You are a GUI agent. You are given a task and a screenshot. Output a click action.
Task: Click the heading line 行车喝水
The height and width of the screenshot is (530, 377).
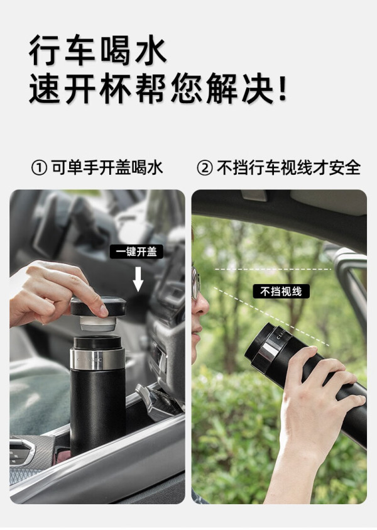97,50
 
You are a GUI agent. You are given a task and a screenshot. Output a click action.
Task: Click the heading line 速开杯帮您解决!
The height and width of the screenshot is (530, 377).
158,88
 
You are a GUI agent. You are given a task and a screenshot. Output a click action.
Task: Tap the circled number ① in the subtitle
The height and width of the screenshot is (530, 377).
38,168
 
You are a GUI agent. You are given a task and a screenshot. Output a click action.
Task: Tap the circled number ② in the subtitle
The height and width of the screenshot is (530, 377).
204,168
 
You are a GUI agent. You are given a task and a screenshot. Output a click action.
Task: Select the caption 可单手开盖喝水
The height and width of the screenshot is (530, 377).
107,168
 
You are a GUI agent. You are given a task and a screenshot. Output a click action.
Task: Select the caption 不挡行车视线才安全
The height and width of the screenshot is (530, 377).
288,168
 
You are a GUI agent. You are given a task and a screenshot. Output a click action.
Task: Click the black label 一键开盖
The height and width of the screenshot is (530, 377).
136,251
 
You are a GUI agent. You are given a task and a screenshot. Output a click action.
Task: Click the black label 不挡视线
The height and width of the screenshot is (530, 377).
281,291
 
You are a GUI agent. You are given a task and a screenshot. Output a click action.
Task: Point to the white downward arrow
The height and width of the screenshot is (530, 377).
138,279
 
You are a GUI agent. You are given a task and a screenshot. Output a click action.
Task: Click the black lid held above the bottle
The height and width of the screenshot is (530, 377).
98,306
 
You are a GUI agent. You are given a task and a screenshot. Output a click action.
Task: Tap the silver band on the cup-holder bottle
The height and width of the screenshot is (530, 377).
97,359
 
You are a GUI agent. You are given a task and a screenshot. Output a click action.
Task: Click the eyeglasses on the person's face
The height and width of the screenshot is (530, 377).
195,284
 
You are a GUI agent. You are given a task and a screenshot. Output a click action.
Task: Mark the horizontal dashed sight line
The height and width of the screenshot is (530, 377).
273,269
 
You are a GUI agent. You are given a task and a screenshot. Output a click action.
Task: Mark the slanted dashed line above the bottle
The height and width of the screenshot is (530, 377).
272,317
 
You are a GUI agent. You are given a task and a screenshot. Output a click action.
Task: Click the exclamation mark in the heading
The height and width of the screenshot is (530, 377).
282,88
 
